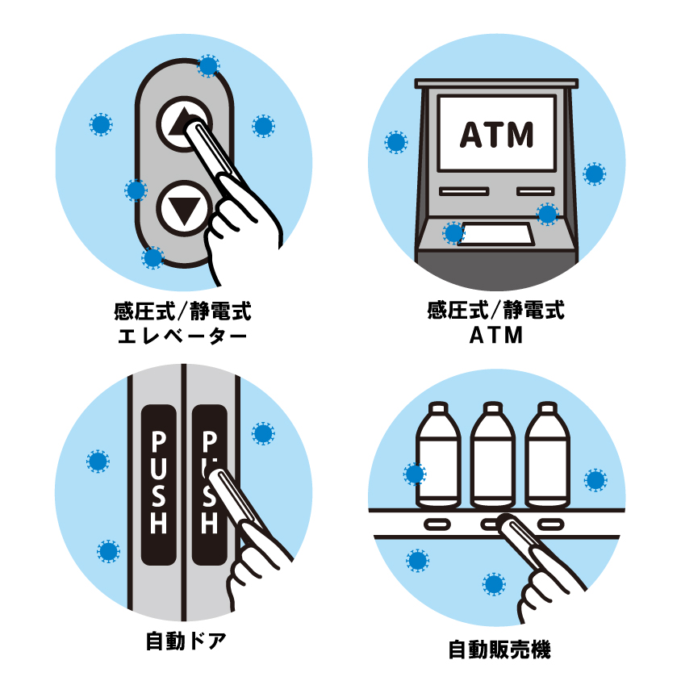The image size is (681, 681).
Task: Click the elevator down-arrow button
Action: (x=185, y=208)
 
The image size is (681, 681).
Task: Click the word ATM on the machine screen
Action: (x=496, y=134)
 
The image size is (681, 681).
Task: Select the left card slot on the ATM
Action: (x=464, y=191)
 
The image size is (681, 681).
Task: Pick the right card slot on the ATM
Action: (x=536, y=191)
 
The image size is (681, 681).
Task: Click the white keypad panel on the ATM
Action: (x=496, y=234)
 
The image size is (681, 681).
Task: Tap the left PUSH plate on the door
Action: (x=159, y=485)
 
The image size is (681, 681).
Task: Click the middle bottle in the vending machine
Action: (x=493, y=455)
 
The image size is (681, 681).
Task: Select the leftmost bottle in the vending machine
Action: (x=438, y=455)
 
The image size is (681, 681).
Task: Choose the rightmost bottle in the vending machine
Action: (x=547, y=455)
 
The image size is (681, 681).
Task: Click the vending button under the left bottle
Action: (x=437, y=524)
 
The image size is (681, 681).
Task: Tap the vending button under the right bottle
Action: (x=551, y=524)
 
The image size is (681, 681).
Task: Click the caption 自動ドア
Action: (x=186, y=641)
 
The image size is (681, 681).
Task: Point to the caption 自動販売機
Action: (x=499, y=650)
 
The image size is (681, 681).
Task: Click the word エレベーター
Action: (x=182, y=336)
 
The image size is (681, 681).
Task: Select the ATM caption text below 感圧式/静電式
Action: (x=496, y=336)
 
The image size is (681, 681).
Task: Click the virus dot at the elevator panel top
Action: (x=208, y=66)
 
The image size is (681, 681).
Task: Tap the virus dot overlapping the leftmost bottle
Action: (x=415, y=474)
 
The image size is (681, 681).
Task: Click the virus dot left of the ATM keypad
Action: (x=453, y=233)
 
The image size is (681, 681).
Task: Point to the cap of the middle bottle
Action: (x=493, y=407)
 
